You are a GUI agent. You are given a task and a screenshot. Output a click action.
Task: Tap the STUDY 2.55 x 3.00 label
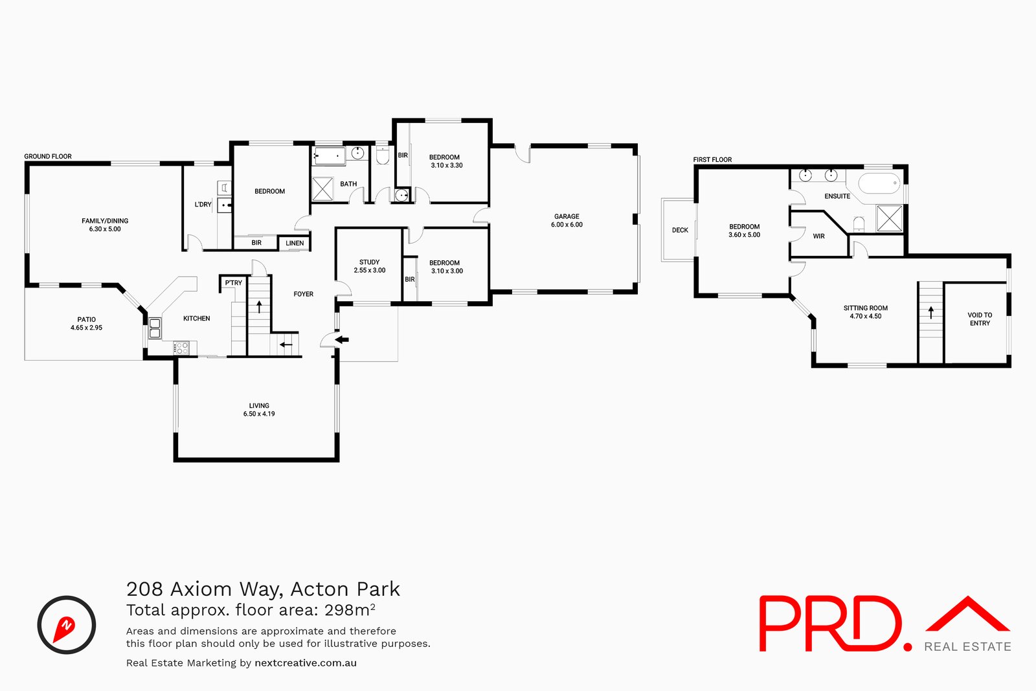coord(369,266)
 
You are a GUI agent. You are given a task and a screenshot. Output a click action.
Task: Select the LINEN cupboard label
coord(295,244)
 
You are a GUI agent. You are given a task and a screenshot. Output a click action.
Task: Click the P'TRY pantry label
coord(233,283)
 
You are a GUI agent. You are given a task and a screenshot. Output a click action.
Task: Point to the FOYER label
coord(303,294)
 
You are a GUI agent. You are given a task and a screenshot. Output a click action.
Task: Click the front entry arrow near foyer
coord(341,339)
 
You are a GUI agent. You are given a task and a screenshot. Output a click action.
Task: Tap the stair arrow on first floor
coord(930,312)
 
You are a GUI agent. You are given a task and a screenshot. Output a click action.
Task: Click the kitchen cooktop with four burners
coord(182,348)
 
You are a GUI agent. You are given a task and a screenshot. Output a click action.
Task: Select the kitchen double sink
coord(155,328)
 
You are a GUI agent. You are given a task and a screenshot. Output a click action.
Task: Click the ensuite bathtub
coord(879,183)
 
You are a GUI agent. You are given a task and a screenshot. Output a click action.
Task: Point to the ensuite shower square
coord(889,218)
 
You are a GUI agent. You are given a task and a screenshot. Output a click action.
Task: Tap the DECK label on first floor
coord(680,230)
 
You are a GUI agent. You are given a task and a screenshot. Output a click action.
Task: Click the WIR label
coord(818,236)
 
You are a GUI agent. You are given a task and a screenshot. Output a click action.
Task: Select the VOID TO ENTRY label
coord(980,319)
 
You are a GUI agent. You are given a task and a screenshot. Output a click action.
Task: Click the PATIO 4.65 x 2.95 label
coord(86,323)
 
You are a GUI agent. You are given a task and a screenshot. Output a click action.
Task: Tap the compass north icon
coord(66,625)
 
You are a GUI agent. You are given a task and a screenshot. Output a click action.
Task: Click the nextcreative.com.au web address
coord(306,663)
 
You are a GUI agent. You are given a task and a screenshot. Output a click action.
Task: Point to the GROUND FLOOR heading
coord(48,156)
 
